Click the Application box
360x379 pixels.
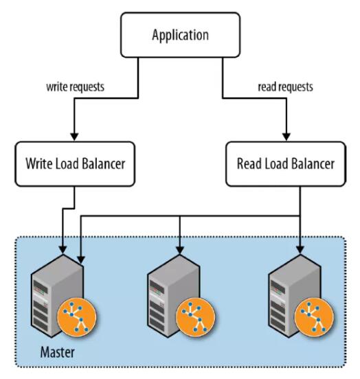click(180, 35)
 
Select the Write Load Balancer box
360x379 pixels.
click(75, 164)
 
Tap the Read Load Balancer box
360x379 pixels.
click(286, 164)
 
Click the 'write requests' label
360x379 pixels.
click(76, 87)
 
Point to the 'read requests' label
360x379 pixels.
click(286, 87)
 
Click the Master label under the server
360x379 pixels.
click(57, 352)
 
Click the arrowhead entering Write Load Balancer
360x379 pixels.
click(74, 137)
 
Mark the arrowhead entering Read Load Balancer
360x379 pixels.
click(286, 137)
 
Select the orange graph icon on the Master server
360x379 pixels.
click(77, 317)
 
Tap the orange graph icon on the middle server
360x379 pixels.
click(195, 317)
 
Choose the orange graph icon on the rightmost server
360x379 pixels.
click(314, 317)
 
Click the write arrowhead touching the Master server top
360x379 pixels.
click(63, 250)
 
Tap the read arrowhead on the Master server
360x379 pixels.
click(81, 260)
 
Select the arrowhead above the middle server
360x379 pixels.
click(180, 250)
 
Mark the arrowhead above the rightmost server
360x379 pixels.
click(300, 250)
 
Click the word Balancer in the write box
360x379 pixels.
click(104, 164)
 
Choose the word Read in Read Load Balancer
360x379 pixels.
click(249, 164)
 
